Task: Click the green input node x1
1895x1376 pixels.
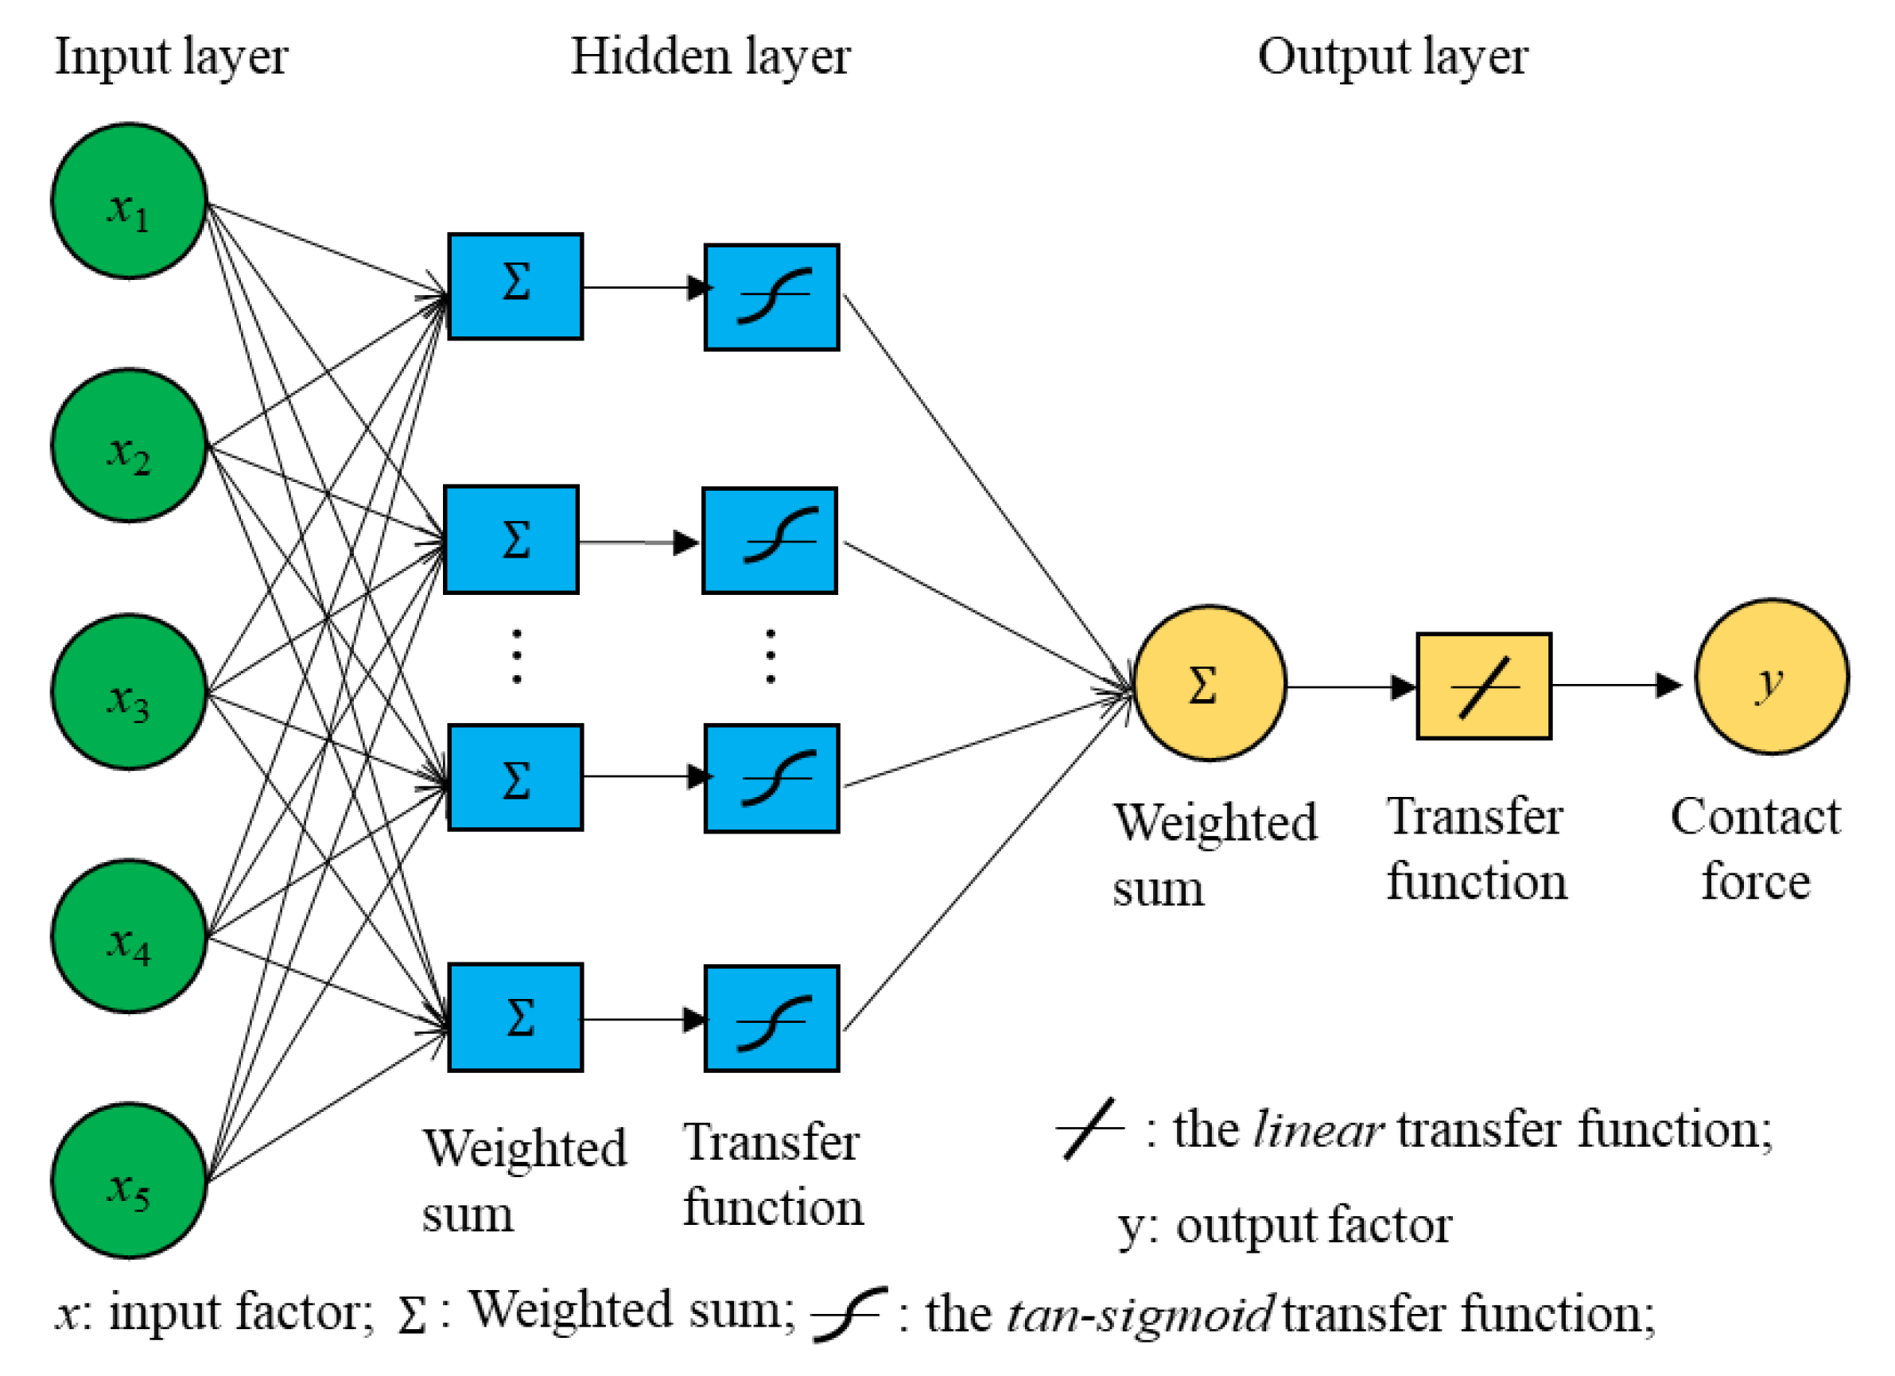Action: pyautogui.click(x=129, y=200)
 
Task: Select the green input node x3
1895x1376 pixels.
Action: pyautogui.click(x=129, y=692)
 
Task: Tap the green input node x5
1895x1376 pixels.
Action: pyautogui.click(x=129, y=1180)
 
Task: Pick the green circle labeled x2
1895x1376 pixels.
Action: pyautogui.click(x=129, y=445)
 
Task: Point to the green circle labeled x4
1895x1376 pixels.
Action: pyautogui.click(x=129, y=936)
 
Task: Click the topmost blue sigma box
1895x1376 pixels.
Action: pyautogui.click(x=515, y=286)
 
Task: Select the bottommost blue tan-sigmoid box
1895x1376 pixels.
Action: pyautogui.click(x=771, y=1018)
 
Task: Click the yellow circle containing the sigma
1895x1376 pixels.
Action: pyautogui.click(x=1208, y=683)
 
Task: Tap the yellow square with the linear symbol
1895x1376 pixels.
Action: pyautogui.click(x=1484, y=686)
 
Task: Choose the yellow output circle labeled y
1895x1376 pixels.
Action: pyautogui.click(x=1771, y=677)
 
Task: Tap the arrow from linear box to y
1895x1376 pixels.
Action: pyautogui.click(x=1617, y=685)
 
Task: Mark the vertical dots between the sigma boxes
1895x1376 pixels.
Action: pyautogui.click(x=516, y=657)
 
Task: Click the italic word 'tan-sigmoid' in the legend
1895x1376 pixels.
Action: pyautogui.click(x=1140, y=1314)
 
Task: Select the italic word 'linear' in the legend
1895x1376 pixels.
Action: pyautogui.click(x=1318, y=1129)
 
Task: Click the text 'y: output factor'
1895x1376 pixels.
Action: pyautogui.click(x=1285, y=1226)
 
